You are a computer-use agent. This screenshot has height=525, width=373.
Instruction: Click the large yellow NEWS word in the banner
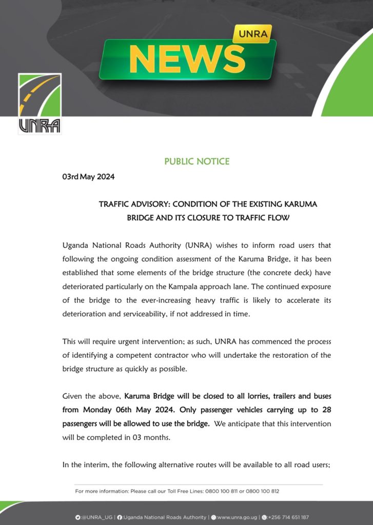[x=187, y=59]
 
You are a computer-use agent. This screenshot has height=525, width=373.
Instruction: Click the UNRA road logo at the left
[x=40, y=103]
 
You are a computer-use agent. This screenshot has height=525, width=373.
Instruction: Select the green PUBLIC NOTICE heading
[x=197, y=161]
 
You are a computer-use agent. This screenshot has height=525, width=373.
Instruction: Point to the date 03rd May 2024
[x=88, y=177]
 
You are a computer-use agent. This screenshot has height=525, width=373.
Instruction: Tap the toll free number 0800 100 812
[x=262, y=491]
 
